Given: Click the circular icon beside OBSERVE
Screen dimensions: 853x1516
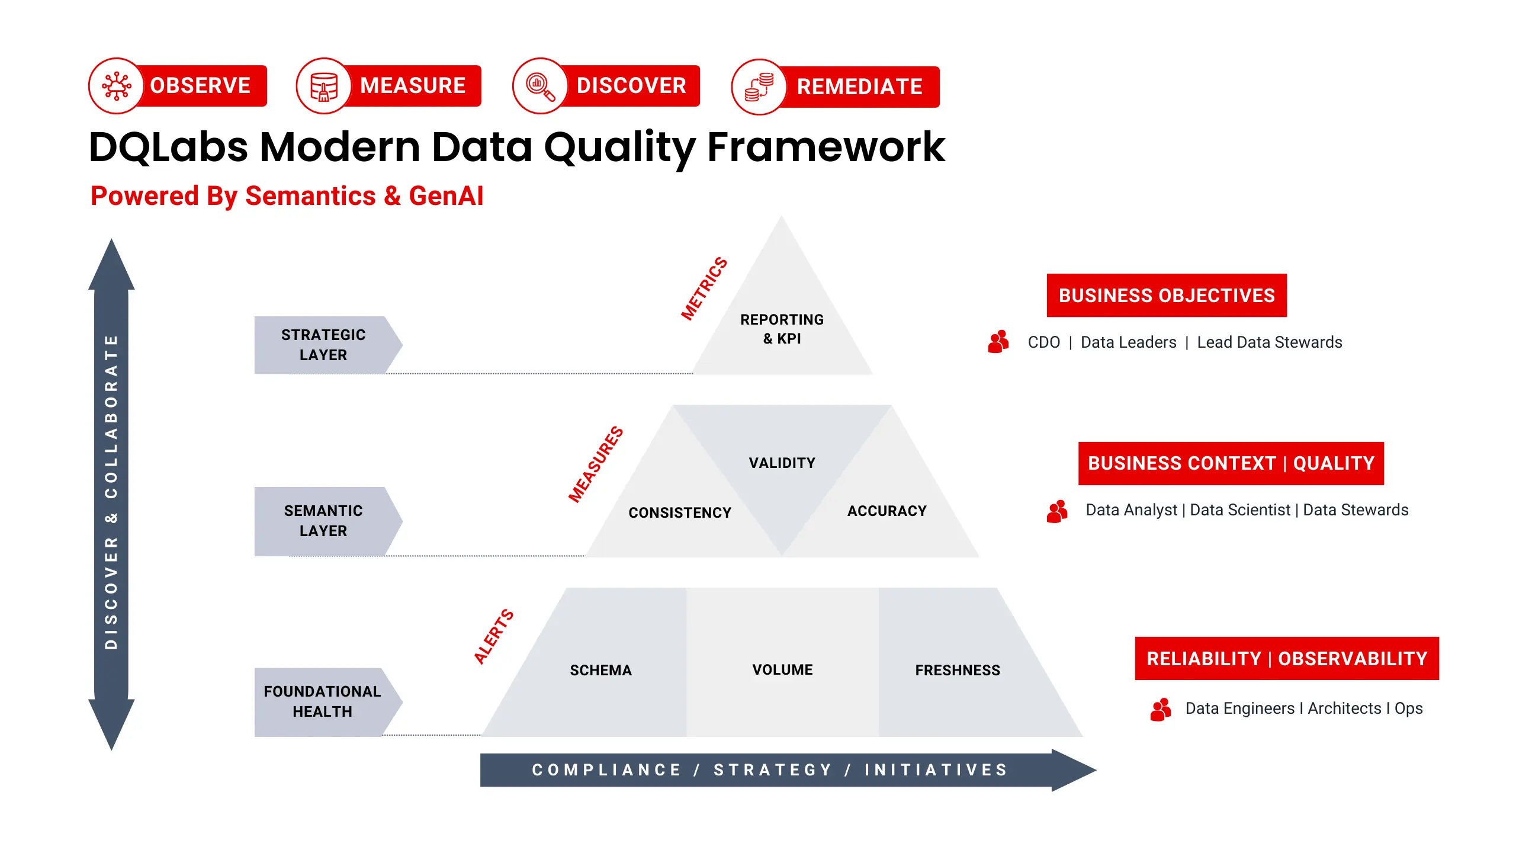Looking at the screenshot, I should [x=117, y=86].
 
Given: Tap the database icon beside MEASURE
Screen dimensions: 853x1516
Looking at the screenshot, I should [x=324, y=86].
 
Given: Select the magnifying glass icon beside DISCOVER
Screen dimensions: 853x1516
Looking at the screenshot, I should [x=541, y=86].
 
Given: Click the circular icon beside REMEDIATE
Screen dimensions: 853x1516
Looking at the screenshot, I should [x=759, y=87].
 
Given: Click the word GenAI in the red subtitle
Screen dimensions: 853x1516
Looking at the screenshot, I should [x=446, y=196].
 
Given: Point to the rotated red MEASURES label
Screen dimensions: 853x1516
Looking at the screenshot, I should [x=595, y=464].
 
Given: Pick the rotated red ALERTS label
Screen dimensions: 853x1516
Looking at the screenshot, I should [x=493, y=636].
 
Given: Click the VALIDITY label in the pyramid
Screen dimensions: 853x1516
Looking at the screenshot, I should [x=782, y=463].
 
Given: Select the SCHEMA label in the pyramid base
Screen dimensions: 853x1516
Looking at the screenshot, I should [x=600, y=670].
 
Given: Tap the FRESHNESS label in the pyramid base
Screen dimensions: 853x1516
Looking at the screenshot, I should [x=957, y=670].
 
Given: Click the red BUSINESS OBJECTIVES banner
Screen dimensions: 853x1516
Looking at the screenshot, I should [x=1167, y=295].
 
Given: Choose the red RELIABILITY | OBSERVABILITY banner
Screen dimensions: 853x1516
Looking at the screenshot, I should [x=1287, y=658].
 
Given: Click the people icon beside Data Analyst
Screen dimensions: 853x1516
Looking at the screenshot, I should [x=1057, y=511].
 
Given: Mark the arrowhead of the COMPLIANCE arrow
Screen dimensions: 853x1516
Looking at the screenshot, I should [x=1073, y=770].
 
